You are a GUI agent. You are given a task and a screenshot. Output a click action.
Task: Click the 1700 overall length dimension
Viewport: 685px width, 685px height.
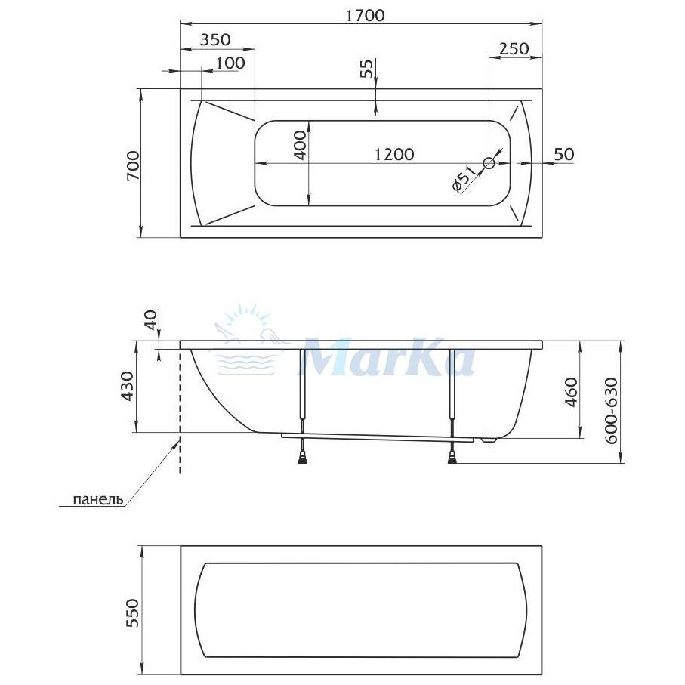[366, 16]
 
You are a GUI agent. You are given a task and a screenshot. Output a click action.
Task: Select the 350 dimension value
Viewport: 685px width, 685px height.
[215, 40]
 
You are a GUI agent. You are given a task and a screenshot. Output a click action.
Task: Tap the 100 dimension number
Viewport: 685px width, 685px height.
[230, 63]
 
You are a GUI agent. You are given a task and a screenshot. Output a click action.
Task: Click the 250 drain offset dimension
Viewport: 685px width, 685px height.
[514, 48]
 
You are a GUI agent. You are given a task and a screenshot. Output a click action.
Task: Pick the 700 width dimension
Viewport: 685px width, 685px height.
[133, 165]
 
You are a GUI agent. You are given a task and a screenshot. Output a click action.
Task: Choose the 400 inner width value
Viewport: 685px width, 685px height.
[300, 146]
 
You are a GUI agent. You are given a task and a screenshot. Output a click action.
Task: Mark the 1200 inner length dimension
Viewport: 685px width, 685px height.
[394, 154]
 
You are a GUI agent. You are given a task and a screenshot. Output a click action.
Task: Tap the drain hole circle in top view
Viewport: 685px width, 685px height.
[489, 163]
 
